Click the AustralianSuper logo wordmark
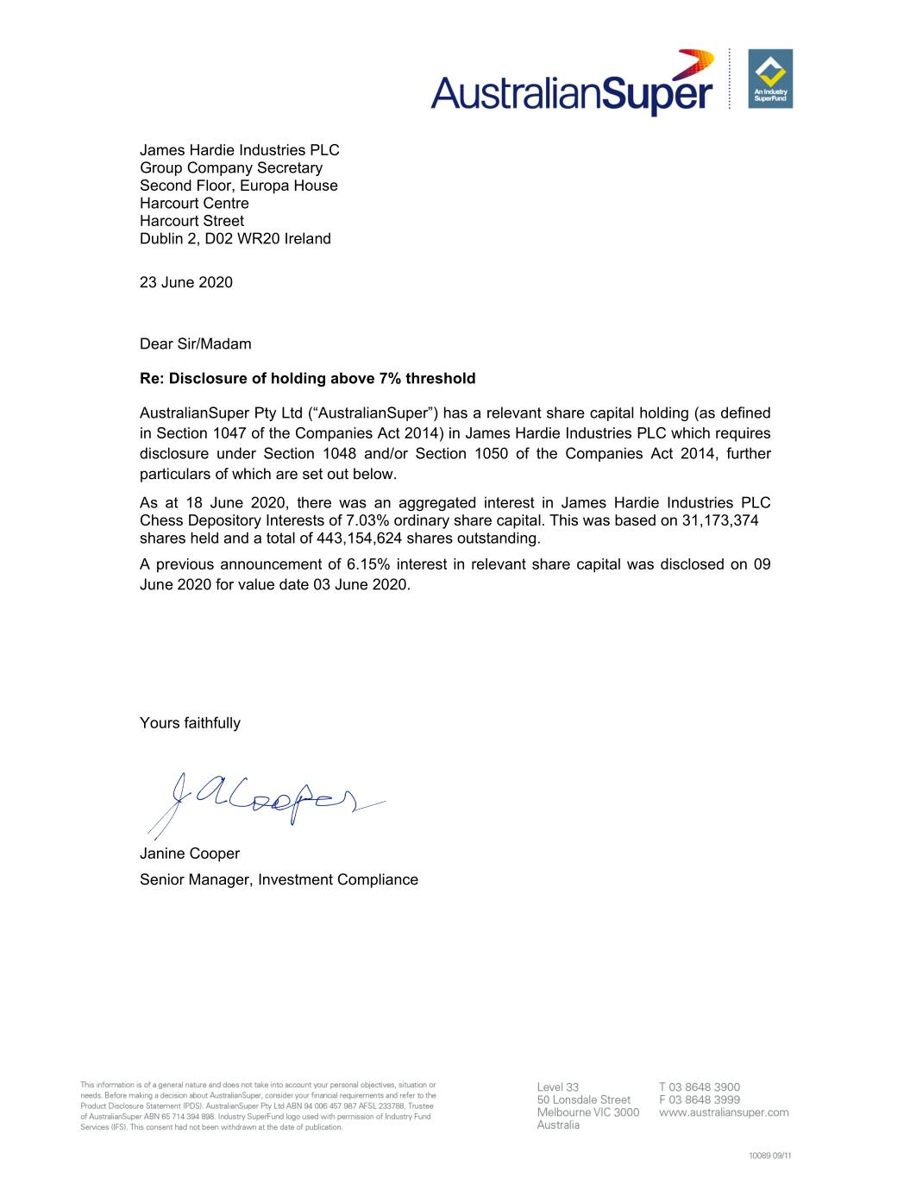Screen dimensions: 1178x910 click(x=573, y=89)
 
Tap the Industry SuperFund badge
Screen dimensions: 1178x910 click(x=770, y=79)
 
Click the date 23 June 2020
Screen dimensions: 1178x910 click(x=186, y=282)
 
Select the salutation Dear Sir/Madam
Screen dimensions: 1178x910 click(x=196, y=343)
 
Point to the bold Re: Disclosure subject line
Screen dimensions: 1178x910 click(x=308, y=378)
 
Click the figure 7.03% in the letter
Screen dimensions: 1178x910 click(x=367, y=520)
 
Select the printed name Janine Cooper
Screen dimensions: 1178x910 click(x=190, y=854)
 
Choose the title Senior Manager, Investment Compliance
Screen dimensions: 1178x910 click(x=279, y=879)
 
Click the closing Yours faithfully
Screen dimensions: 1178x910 click(x=190, y=723)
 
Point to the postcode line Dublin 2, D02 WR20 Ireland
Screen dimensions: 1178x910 click(x=235, y=239)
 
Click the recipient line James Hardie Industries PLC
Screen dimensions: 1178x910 click(x=240, y=150)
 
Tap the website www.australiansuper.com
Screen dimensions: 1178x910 click(x=724, y=1112)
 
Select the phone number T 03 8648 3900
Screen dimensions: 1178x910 click(x=700, y=1087)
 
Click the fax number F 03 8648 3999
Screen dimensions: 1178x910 click(x=700, y=1099)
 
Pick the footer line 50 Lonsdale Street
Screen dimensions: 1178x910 click(x=584, y=1099)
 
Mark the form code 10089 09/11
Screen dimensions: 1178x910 click(x=769, y=1156)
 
